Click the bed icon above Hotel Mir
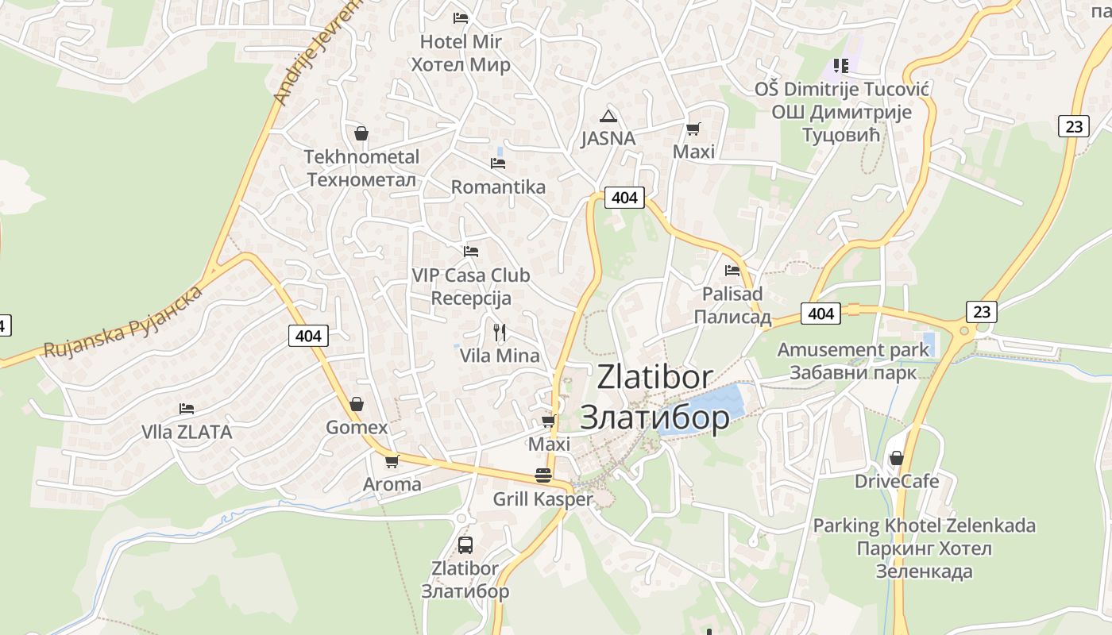point(461,17)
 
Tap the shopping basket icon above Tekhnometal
point(361,133)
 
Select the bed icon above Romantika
point(498,163)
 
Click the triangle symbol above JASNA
point(608,116)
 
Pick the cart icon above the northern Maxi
point(693,129)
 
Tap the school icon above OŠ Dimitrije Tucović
point(841,65)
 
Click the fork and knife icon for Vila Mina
point(500,332)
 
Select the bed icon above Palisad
point(732,270)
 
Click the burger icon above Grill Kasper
point(543,475)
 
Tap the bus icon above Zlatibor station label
point(465,545)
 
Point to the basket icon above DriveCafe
point(897,458)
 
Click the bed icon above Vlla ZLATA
point(187,408)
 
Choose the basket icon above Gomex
point(357,404)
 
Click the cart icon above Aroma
point(392,461)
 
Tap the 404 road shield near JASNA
point(624,198)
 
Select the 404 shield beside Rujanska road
point(308,336)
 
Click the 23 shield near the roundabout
point(982,311)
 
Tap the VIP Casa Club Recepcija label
point(471,287)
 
